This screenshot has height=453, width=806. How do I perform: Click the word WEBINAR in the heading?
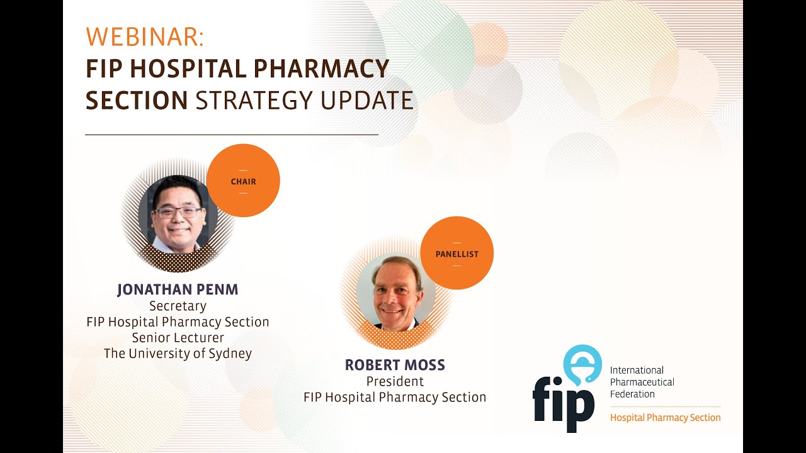coord(144,37)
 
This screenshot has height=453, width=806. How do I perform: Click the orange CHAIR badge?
coord(243,181)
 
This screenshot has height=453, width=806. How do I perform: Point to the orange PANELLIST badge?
coord(457,254)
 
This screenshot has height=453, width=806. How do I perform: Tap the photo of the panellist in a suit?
coord(396,293)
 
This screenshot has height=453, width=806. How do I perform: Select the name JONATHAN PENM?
coord(178,290)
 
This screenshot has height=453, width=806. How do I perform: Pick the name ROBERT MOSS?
coord(395,366)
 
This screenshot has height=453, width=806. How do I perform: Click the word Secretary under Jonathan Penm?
coord(178,306)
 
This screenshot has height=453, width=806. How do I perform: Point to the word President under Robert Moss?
coord(395,381)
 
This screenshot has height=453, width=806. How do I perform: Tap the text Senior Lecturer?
coord(178,338)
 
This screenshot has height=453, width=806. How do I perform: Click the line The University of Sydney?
coord(178,354)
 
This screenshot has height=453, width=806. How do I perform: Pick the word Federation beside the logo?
coord(632,394)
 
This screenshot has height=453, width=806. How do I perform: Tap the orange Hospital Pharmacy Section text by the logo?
coord(665,417)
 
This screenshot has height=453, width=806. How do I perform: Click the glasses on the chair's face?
coord(179,212)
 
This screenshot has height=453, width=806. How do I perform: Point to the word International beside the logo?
coord(637,370)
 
